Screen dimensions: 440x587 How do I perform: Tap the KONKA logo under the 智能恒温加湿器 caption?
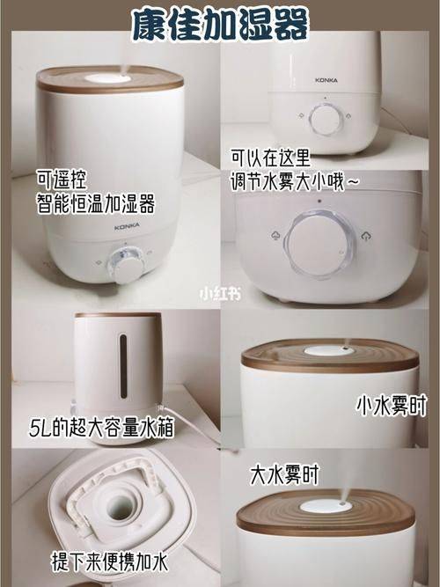click(127, 226)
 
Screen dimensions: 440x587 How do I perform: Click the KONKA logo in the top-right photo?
click(326, 80)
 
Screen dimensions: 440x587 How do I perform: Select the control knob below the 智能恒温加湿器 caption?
click(126, 265)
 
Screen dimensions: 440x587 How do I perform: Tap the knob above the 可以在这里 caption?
click(326, 120)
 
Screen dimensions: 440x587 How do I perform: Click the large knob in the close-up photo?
click(319, 245)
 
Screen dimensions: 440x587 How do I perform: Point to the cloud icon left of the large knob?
click(275, 236)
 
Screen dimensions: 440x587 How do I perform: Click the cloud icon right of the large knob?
click(366, 236)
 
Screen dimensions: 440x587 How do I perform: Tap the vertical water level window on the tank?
click(123, 366)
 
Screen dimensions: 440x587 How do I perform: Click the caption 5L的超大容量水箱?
click(102, 427)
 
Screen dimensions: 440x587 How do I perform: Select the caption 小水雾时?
click(392, 406)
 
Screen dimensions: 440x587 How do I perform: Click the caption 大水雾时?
click(284, 474)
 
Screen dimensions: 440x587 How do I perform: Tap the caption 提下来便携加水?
click(109, 561)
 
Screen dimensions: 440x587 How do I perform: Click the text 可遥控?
click(62, 180)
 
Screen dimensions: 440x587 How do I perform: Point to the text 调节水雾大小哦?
click(288, 182)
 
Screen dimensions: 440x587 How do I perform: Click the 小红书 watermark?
click(220, 294)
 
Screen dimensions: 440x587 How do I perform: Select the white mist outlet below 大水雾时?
click(326, 506)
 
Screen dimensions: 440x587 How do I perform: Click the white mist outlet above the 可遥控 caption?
click(108, 78)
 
